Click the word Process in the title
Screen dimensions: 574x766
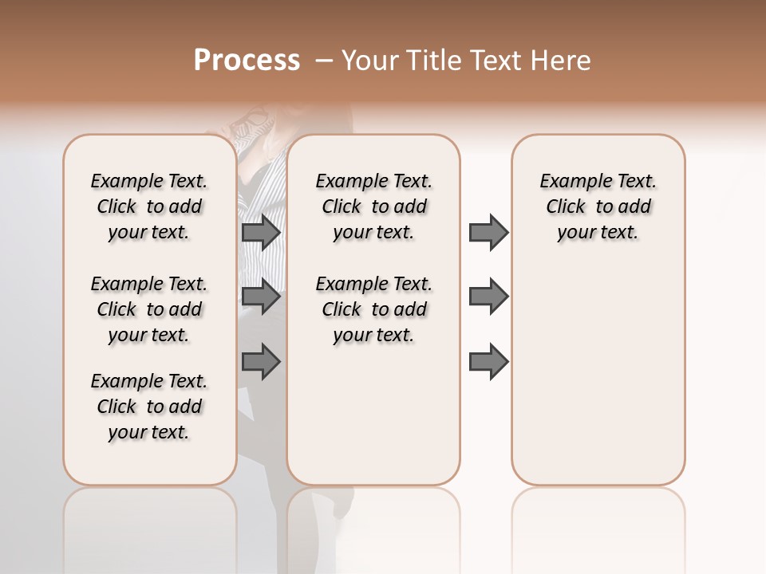coord(247,61)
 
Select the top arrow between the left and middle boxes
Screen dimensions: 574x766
coord(261,232)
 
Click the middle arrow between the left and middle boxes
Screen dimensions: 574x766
coord(261,297)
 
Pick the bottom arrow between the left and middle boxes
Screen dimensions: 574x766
coord(261,362)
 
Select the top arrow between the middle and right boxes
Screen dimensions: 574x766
coord(488,232)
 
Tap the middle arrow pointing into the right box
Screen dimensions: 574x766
coord(488,297)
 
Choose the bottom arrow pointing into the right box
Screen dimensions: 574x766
coord(488,362)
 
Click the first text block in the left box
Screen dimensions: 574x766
coord(149,206)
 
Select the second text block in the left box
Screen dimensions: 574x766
coord(149,309)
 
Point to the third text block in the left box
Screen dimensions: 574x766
coord(149,407)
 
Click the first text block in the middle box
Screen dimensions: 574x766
coord(373,206)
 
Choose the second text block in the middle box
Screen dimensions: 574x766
coord(373,309)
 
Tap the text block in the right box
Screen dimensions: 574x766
coord(598,206)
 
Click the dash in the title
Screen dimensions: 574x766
coord(323,61)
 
